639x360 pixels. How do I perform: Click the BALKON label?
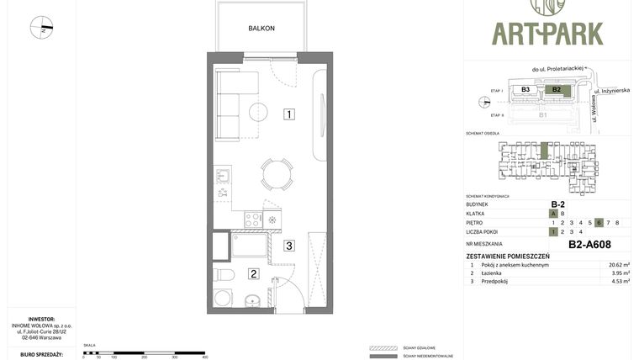tap(261, 29)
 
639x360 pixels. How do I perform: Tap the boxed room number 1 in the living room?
tap(288, 114)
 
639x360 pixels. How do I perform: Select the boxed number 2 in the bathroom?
tap(253, 273)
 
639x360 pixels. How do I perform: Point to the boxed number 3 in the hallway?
tap(288, 246)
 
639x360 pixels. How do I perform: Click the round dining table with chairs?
tap(277, 174)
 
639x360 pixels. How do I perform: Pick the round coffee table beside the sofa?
tap(257, 111)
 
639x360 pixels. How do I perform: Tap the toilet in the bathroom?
tap(224, 275)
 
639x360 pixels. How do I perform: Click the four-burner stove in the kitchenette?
tap(253, 220)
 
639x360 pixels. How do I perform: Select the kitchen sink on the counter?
tap(223, 176)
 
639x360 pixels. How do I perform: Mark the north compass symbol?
tap(41, 28)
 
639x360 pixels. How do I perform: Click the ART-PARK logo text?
tap(547, 34)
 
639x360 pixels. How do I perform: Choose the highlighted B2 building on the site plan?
tap(555, 89)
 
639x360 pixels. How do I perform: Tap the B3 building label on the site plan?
tap(525, 89)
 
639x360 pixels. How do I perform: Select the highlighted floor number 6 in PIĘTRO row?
tap(599, 222)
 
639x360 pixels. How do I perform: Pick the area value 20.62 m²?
tap(619, 264)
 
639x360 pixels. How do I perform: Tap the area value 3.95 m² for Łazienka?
tap(619, 273)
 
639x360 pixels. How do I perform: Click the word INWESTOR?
tap(40, 319)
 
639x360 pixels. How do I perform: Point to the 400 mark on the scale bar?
tap(204, 357)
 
